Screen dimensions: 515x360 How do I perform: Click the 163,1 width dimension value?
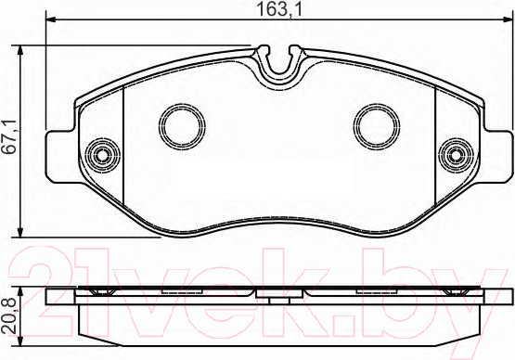click(278, 10)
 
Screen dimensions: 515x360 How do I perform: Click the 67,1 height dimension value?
click(9, 136)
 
